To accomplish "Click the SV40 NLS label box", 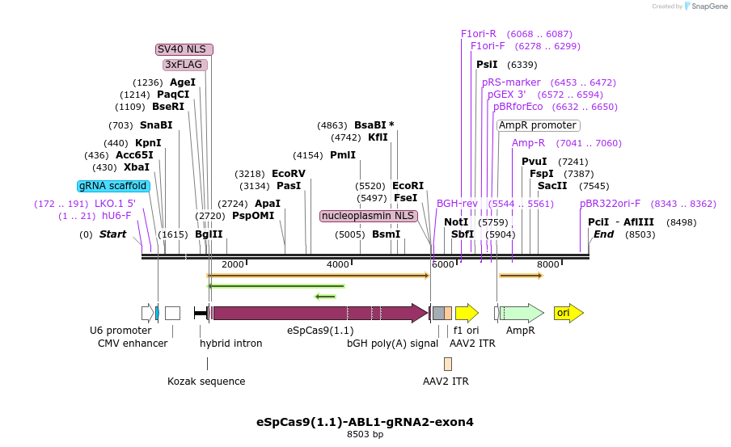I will tap(184, 49).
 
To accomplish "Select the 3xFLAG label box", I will tap(184, 65).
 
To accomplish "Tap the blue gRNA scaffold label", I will tap(113, 186).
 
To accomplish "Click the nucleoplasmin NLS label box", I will tap(369, 216).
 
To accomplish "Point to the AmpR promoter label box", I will tap(538, 125).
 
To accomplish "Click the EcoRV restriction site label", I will tap(289, 174).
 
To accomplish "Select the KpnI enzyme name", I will tap(148, 143).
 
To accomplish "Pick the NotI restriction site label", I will tap(456, 222).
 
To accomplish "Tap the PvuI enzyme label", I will tap(534, 162).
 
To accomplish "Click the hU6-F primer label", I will tap(116, 216).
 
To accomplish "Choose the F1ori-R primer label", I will tap(479, 34).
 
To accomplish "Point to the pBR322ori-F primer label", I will tap(610, 204).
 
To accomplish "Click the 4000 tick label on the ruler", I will tap(337, 264).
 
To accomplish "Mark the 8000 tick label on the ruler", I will tap(547, 264).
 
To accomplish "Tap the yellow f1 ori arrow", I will tap(467, 313).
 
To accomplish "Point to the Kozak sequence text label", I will tap(206, 382).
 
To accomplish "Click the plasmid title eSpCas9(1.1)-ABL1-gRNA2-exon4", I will tap(365, 422).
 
